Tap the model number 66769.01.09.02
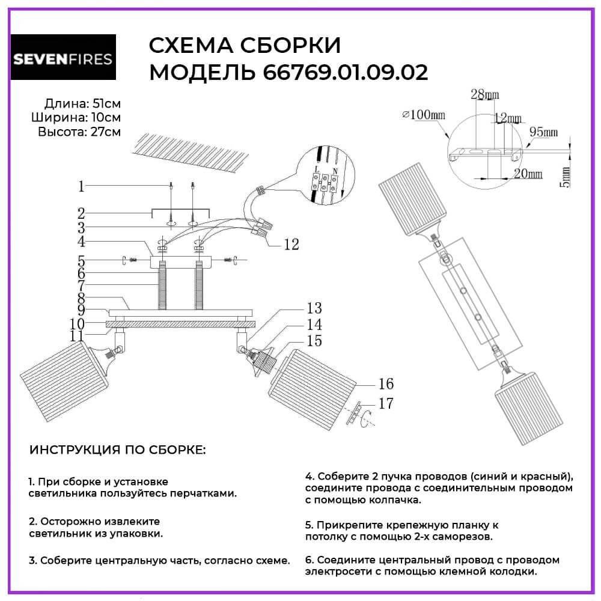pos(346,73)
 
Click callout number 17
pos(386,404)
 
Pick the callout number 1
pos(81,186)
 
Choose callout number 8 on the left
pos(81,297)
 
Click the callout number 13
pos(314,309)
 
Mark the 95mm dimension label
pos(544,132)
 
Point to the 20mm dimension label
pos(529,174)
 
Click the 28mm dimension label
pos(484,95)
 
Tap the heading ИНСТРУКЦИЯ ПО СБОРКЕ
pos(117,450)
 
